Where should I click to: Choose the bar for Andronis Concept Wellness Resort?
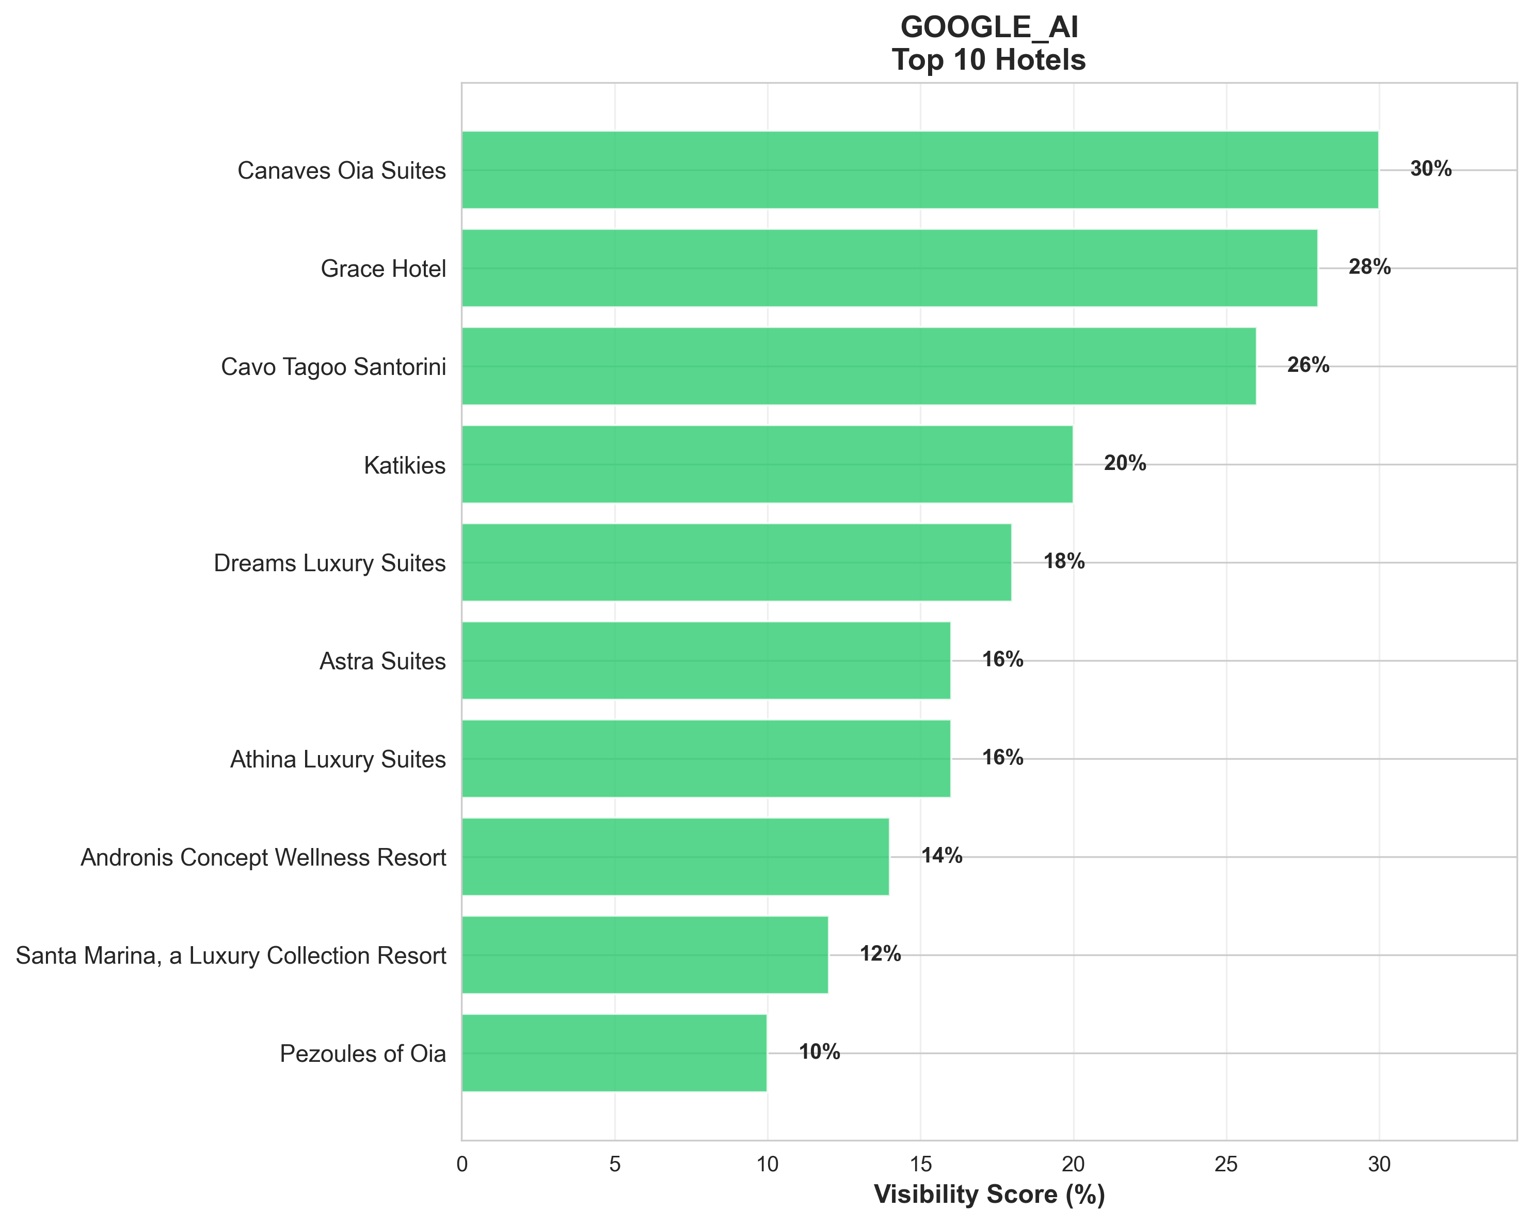click(x=675, y=856)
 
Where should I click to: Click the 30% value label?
click(x=1430, y=169)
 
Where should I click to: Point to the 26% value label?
click(x=1307, y=365)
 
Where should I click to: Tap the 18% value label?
click(x=1064, y=561)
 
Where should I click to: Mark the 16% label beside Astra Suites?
click(x=1002, y=660)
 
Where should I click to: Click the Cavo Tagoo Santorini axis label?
click(x=333, y=367)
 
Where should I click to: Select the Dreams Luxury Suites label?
click(x=330, y=563)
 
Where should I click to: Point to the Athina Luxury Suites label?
click(x=338, y=759)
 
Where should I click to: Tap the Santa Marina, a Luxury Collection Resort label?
click(x=231, y=955)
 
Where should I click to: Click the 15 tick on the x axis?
click(x=920, y=1164)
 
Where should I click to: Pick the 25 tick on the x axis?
click(x=1226, y=1164)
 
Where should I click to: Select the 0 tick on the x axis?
click(x=462, y=1164)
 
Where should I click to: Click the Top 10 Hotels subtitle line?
click(x=989, y=60)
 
